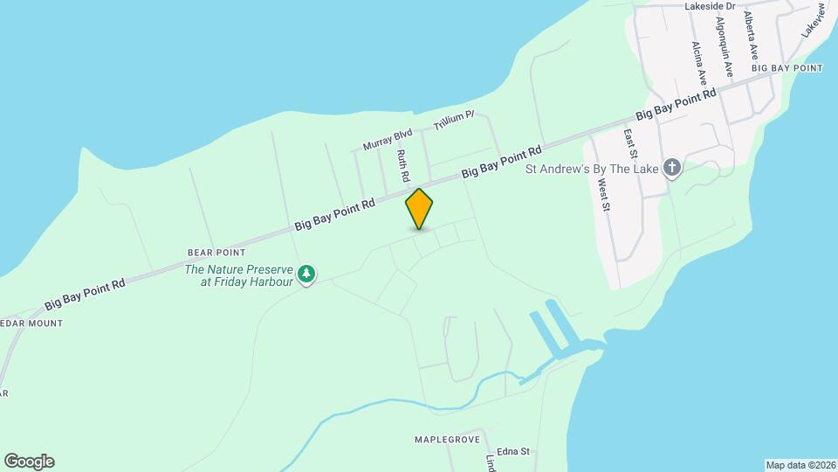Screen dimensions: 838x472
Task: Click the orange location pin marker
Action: click(419, 209)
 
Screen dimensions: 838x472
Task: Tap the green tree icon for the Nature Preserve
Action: click(306, 275)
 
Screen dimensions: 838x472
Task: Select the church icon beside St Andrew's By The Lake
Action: click(671, 168)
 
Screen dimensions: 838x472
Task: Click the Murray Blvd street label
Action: click(387, 140)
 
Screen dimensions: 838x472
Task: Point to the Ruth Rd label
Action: click(403, 165)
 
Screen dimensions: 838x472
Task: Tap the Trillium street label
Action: click(453, 121)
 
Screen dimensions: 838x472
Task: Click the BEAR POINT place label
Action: click(214, 252)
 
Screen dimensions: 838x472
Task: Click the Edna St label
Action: click(513, 451)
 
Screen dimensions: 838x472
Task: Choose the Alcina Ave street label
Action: click(698, 62)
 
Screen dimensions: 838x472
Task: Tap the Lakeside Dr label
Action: click(710, 6)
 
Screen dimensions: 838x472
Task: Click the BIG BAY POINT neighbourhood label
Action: click(786, 68)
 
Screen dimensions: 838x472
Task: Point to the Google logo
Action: click(29, 462)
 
